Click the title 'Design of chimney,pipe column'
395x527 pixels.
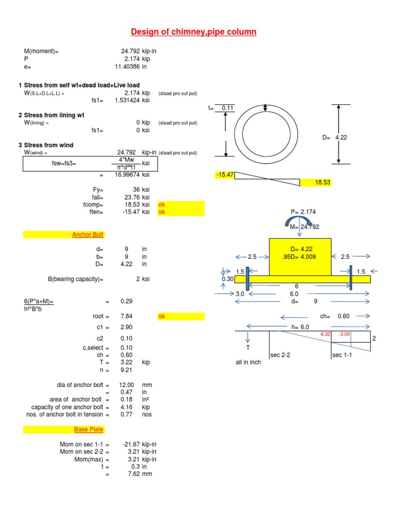pos(193,32)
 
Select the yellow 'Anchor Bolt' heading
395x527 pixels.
pos(87,235)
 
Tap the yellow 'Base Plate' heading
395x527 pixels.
pos(88,429)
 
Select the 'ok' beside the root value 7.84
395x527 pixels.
pos(162,316)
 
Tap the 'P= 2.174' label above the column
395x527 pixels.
pos(301,212)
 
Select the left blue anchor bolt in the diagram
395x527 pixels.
pos(247,279)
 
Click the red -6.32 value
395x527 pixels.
pos(325,334)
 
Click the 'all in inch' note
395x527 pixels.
pos(248,362)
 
